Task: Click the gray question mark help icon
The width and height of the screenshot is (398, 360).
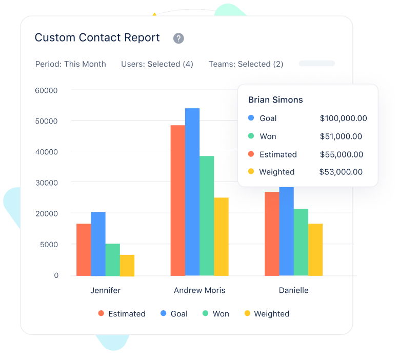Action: point(178,38)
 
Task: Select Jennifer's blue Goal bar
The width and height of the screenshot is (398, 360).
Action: point(98,244)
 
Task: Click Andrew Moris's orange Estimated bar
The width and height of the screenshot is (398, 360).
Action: point(177,200)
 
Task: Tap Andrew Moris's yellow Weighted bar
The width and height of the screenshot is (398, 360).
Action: point(221,236)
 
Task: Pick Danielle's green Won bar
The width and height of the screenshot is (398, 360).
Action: point(301,242)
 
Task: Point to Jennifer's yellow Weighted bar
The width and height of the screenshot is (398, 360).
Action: point(127,265)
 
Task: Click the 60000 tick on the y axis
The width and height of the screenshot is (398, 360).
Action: point(46,90)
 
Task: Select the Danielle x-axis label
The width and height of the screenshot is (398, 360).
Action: point(293,290)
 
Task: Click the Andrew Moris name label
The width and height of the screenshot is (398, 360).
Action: point(200,290)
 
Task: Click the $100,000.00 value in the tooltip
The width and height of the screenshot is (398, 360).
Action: point(343,118)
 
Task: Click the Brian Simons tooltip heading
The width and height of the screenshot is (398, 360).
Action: point(275,100)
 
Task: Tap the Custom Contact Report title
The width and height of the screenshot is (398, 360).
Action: point(97,38)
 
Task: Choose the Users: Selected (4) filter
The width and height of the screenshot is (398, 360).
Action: point(157,64)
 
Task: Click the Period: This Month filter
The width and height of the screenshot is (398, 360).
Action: point(70,64)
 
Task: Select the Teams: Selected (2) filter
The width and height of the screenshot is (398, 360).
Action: point(246,64)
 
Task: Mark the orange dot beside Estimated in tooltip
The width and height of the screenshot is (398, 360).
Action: point(251,154)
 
